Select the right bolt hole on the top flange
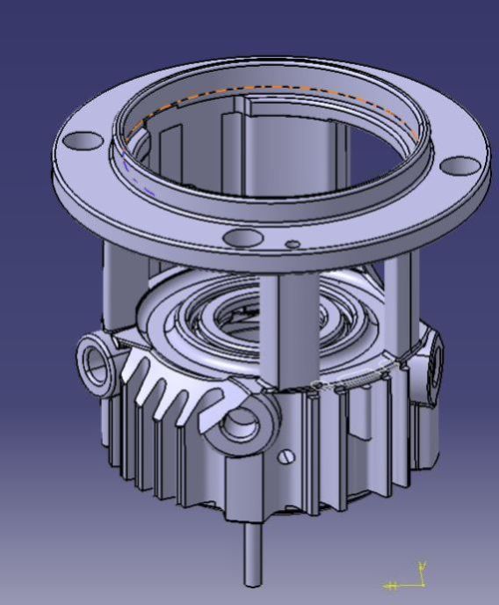(459, 164)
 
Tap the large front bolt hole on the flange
(241, 237)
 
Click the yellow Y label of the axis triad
(423, 565)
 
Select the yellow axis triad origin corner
(421, 585)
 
